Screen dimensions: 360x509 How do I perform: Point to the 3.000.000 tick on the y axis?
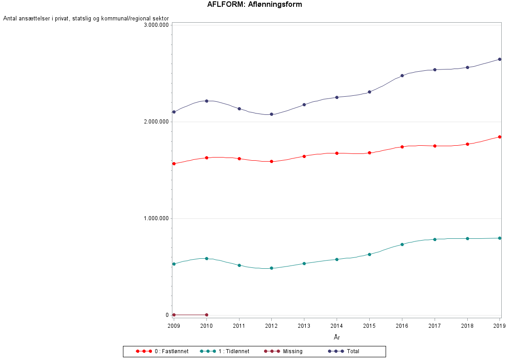pos(156,25)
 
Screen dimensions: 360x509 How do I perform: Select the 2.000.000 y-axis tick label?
pos(156,122)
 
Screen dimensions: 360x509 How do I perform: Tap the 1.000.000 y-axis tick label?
pos(156,218)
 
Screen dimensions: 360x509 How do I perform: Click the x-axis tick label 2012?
pos(271,326)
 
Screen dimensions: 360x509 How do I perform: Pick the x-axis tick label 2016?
pos(402,326)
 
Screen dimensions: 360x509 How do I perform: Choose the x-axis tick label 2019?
pos(499,326)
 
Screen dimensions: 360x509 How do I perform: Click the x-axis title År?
pos(337,337)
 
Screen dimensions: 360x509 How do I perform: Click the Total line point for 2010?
pos(206,101)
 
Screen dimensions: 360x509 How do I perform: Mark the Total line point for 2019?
pos(499,59)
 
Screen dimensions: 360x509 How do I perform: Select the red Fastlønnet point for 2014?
pos(337,153)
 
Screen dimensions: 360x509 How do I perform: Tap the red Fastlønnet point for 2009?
pos(174,163)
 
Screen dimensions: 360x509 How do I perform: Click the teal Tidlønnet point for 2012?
pos(271,268)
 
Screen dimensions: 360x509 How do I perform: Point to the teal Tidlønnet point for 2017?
pos(435,239)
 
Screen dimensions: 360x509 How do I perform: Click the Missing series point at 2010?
pos(206,315)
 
